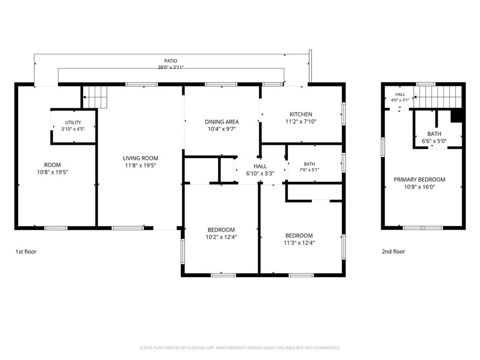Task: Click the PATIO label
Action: (171, 61)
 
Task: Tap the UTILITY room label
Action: (73, 122)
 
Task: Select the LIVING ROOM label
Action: (141, 158)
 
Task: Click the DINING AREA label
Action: (222, 122)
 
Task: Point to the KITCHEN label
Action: (301, 114)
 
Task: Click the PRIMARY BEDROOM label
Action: (420, 180)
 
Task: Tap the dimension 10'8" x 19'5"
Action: (52, 172)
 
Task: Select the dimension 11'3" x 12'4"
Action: (299, 243)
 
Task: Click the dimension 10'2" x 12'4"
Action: (221, 237)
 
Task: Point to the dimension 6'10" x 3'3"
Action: (260, 173)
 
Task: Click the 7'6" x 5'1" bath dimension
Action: (309, 170)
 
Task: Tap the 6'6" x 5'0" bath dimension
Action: (434, 141)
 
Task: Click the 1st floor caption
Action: (26, 252)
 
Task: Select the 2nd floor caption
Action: (393, 252)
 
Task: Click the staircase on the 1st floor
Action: (95, 97)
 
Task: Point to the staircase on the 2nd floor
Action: (437, 97)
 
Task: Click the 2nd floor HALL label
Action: (400, 95)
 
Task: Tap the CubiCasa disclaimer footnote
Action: (240, 348)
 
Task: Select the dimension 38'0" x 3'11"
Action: (171, 67)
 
